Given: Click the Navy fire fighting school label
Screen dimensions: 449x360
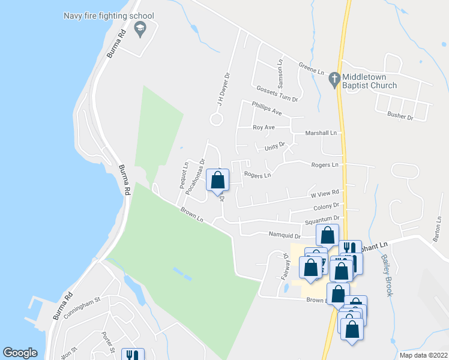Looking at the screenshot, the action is tap(109, 16).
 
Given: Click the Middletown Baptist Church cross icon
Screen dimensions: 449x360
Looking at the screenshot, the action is tap(334, 78).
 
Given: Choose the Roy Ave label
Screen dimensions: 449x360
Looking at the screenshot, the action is tap(264, 127).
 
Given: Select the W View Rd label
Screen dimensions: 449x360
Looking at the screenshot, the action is tap(325, 193).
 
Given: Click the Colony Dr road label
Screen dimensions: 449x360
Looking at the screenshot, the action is tap(327, 206).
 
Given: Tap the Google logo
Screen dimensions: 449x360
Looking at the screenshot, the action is tap(20, 353).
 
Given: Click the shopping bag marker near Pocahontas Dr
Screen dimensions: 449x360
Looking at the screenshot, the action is tap(217, 179).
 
